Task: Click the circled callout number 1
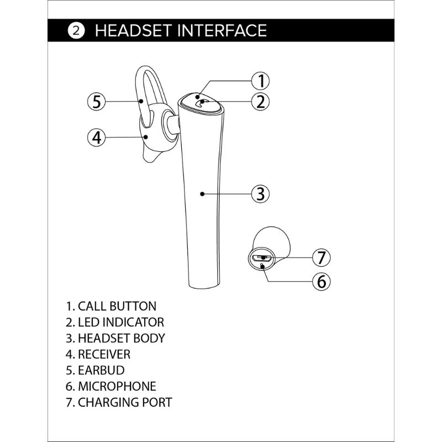pos(260,81)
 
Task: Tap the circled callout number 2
pos(260,102)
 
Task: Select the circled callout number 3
pos(260,194)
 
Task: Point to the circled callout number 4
pos(96,138)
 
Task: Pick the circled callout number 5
pos(96,102)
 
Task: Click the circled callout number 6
pos(322,281)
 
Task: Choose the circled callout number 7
pos(322,257)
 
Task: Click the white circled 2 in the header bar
pos(76,30)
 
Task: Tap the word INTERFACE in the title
pos(222,30)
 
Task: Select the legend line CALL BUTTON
pos(111,306)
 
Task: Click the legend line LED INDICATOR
pos(115,322)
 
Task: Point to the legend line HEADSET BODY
pos(115,338)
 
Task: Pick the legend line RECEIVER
pos(98,354)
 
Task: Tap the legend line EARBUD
pos(95,370)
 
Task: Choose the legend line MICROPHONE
pos(111,386)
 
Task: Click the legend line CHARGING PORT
pos(119,403)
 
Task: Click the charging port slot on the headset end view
pos(261,258)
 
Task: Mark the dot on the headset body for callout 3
pos(202,194)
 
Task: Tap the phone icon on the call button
pos(201,103)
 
